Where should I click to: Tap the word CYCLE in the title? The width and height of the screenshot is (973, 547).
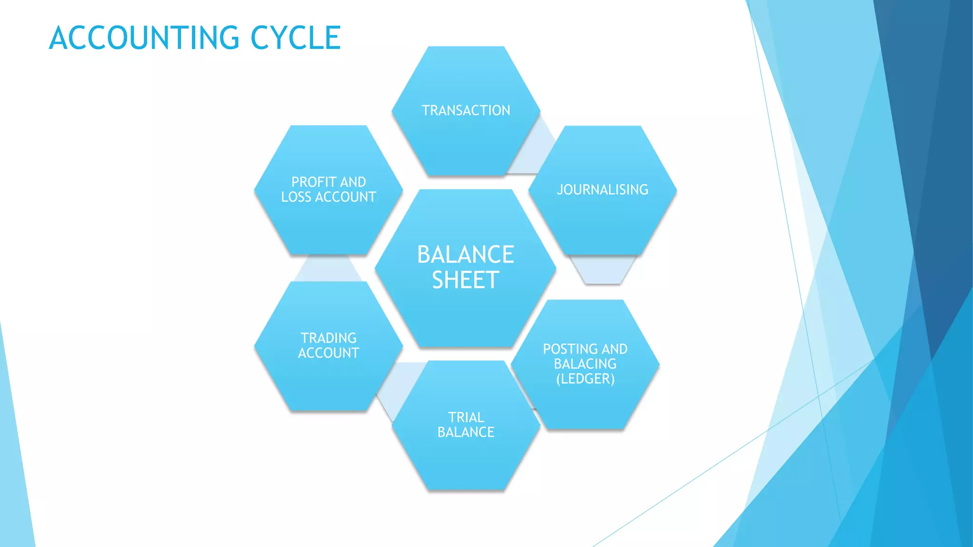[x=296, y=38]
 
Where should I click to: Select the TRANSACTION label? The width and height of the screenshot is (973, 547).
[x=466, y=111]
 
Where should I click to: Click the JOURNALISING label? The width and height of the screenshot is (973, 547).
[x=602, y=190]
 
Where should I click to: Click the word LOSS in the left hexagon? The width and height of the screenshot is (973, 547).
[x=296, y=197]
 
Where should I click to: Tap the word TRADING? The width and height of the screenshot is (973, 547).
[x=328, y=338]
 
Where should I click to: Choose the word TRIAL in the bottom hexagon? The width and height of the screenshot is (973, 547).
[x=466, y=417]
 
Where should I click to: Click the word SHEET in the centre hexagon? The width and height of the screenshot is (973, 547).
[x=466, y=280]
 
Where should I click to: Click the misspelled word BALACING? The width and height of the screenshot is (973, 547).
[x=585, y=364]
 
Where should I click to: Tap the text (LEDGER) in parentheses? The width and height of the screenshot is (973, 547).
[x=585, y=379]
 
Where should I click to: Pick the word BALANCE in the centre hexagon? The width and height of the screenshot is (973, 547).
[x=466, y=255]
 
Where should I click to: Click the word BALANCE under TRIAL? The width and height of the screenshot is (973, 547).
[x=466, y=432]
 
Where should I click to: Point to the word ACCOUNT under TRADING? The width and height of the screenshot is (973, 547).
[x=328, y=353]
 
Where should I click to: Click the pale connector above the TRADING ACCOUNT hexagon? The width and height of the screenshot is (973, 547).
[x=328, y=269]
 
